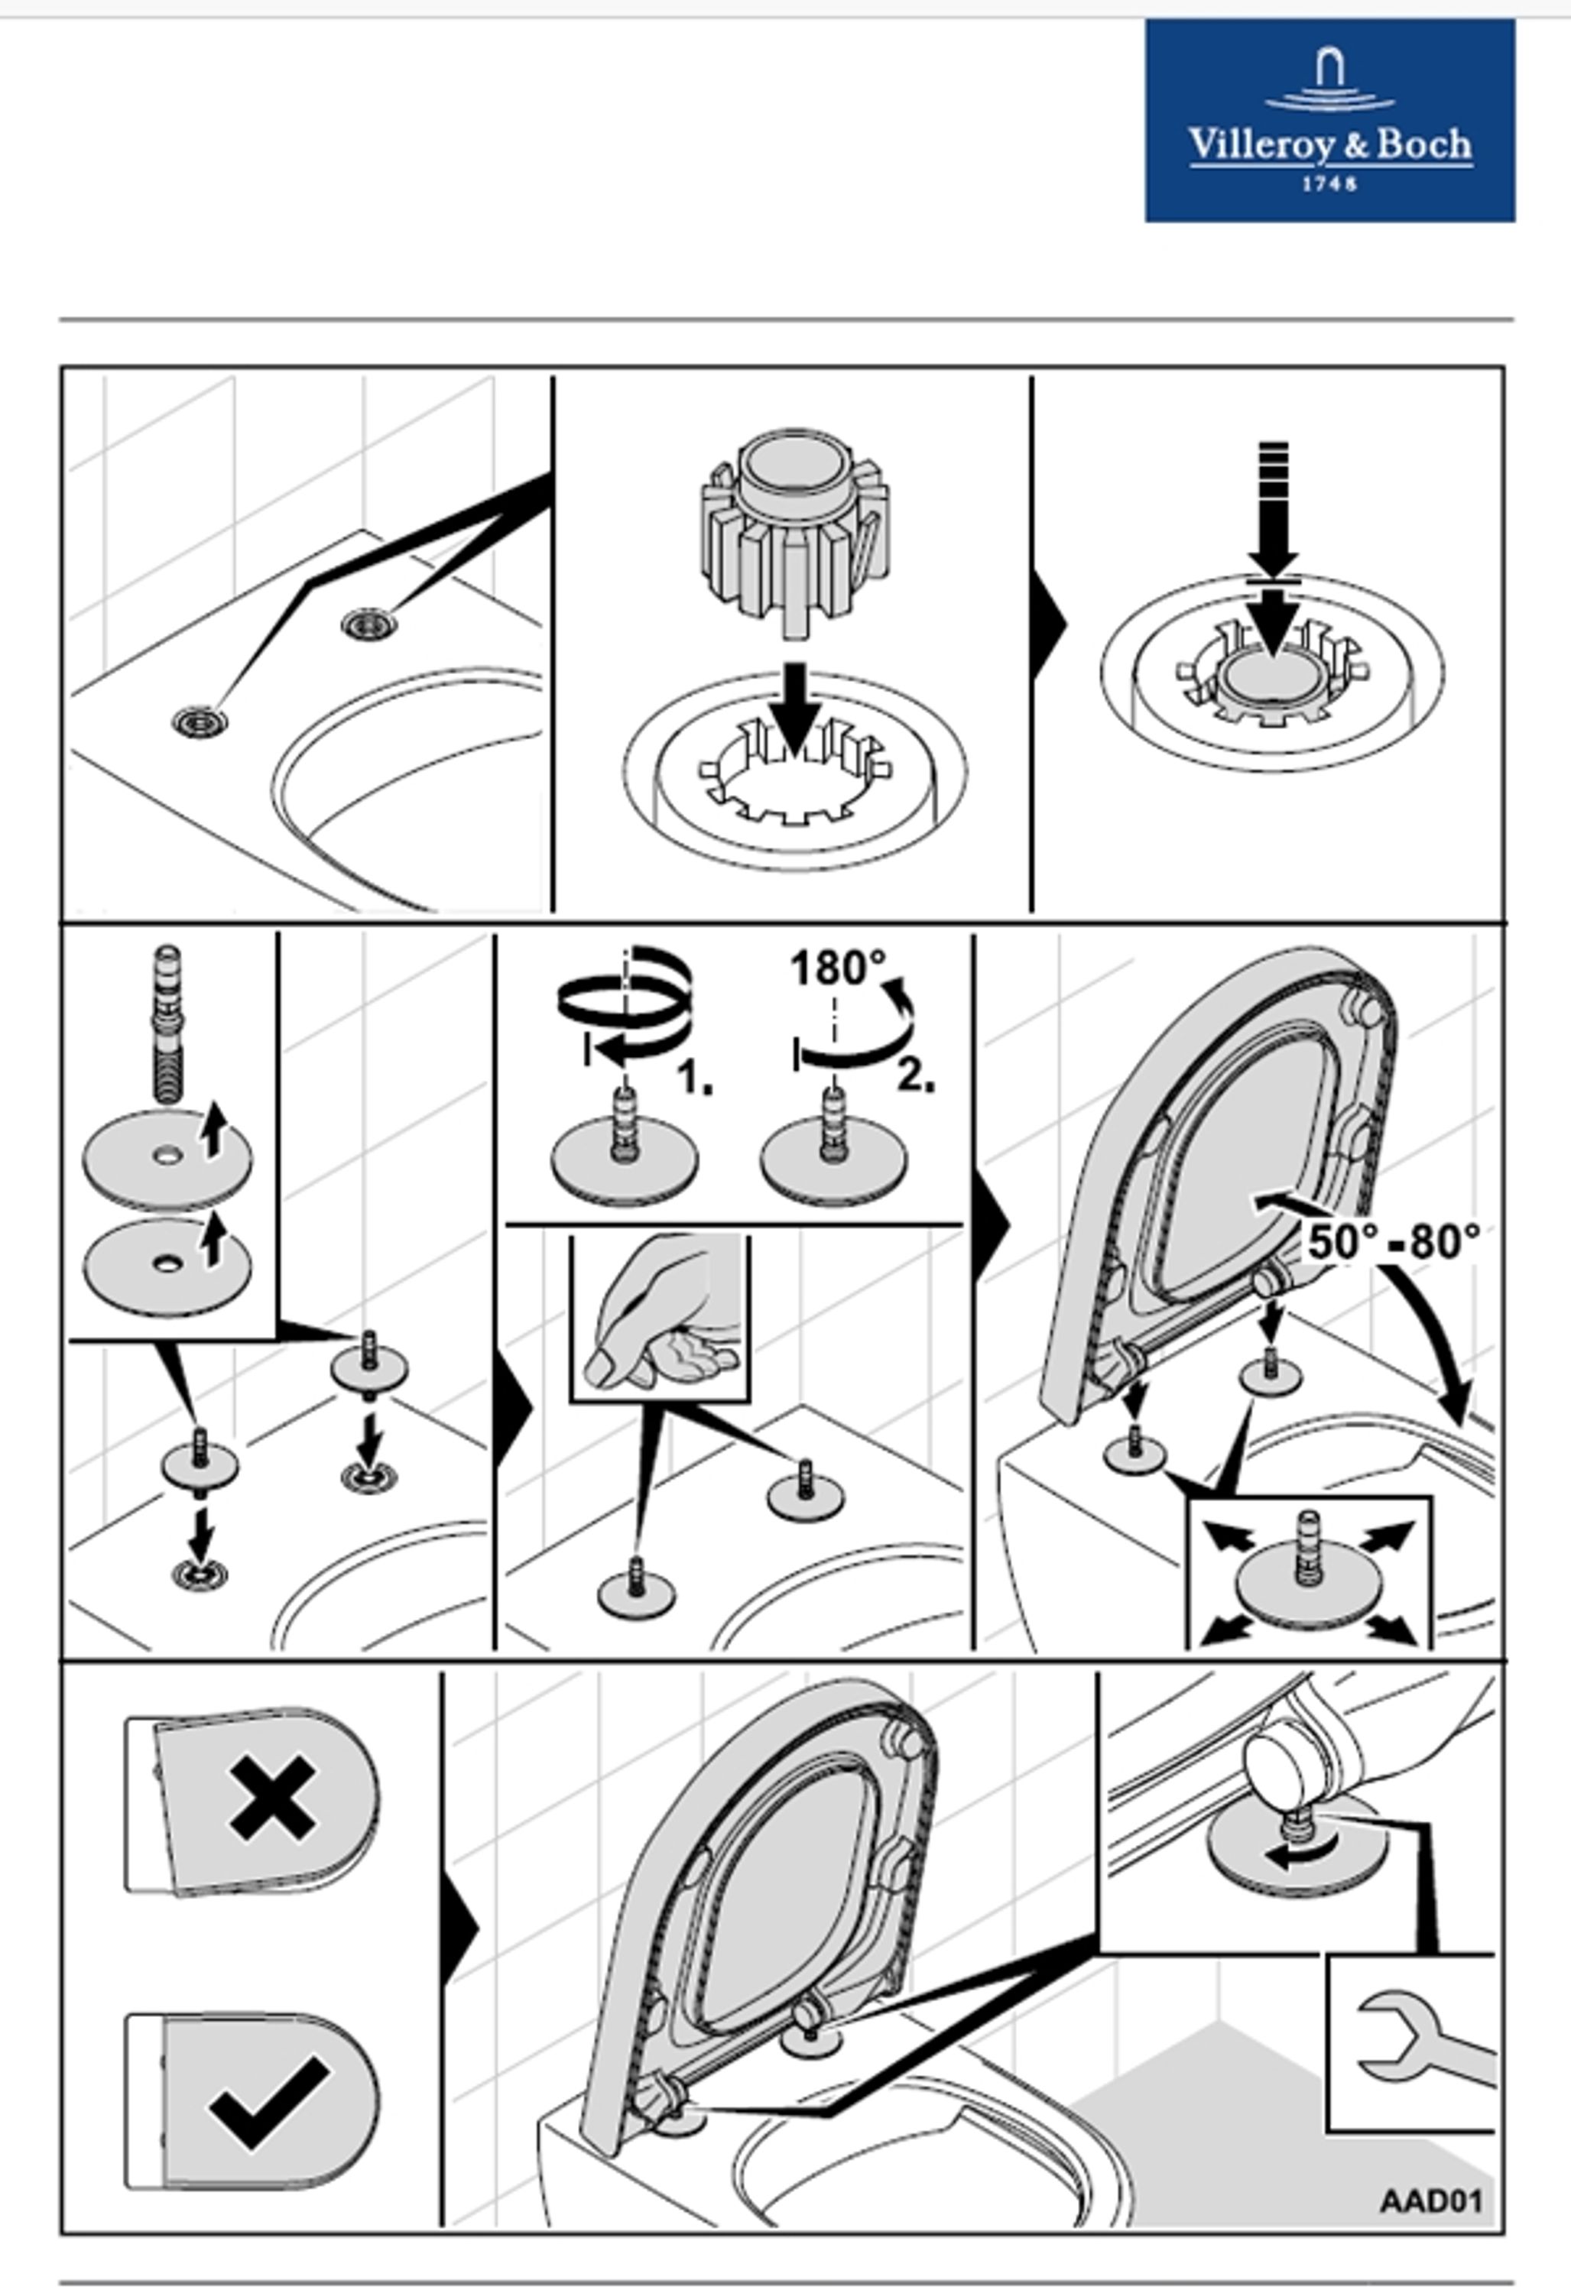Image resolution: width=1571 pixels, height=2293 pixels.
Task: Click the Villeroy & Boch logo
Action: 1329,119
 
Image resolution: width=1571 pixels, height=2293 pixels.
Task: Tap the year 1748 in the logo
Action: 1329,183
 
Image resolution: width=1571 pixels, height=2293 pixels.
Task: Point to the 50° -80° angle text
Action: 1392,1241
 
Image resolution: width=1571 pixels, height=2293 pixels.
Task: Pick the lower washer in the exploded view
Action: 167,1265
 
